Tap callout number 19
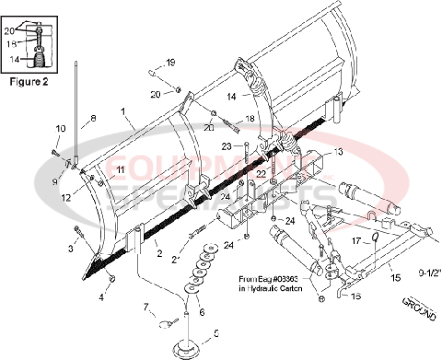[169, 63]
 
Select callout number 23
[226, 146]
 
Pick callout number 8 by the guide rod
[92, 119]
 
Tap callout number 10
[60, 128]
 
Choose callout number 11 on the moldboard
[121, 170]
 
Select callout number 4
[102, 297]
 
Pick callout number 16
[355, 297]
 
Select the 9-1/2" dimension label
[423, 272]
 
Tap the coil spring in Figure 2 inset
[41, 62]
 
